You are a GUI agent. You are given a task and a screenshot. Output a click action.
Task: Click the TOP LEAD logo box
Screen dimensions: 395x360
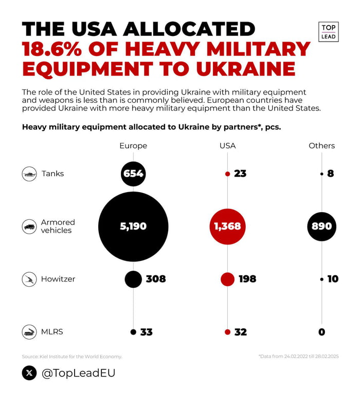tap(329, 32)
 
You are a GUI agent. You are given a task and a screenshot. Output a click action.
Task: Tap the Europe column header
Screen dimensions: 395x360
tap(133, 145)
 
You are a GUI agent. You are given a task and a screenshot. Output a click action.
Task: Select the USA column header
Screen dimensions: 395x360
tap(227, 145)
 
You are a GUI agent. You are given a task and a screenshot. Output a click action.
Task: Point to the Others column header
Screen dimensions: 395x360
tap(321, 145)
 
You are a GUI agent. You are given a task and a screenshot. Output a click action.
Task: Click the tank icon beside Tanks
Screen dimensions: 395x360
tap(29, 174)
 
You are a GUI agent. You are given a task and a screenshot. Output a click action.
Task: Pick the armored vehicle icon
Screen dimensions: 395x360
tap(29, 226)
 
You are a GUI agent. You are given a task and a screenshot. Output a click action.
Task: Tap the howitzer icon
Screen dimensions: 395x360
tap(29, 279)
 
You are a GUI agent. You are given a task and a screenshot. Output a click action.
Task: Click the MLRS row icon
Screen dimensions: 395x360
tap(29, 332)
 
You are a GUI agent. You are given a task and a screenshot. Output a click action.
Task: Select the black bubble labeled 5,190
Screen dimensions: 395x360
tap(133, 226)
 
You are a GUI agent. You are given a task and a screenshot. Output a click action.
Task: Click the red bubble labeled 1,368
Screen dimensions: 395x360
tap(227, 226)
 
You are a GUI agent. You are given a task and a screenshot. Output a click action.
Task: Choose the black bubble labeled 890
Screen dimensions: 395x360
tap(321, 226)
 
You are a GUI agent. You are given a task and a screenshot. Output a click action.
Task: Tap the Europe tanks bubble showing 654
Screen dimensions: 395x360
tap(133, 174)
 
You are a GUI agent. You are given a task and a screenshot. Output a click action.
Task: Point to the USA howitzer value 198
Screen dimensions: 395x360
tap(247, 279)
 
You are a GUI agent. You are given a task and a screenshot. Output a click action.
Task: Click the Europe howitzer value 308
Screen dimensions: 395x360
tap(155, 279)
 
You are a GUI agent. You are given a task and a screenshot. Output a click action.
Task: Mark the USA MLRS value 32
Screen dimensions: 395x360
tap(240, 332)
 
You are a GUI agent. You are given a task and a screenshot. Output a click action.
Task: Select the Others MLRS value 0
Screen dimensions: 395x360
tap(321, 332)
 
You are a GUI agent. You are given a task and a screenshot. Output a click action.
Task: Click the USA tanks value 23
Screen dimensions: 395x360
tap(240, 174)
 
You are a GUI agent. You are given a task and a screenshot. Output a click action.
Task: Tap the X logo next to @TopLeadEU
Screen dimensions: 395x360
tap(29, 372)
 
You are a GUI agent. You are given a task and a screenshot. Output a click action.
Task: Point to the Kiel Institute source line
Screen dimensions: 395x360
tap(71, 356)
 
